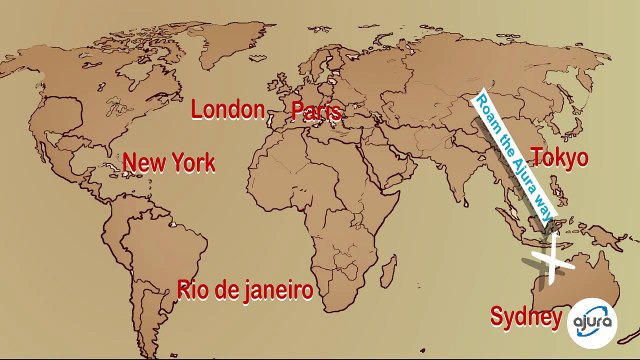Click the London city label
pos(228,110)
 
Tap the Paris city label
pos(316,111)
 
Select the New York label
pos(169,162)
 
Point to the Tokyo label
pos(559,158)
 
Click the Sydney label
pos(525,317)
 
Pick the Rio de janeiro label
pos(245,290)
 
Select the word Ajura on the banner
pos(521,169)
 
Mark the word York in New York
pos(193,162)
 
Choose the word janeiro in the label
pos(272,291)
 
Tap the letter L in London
pos(197,110)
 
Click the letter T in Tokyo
pos(536,158)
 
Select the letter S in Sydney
pos(496,317)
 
